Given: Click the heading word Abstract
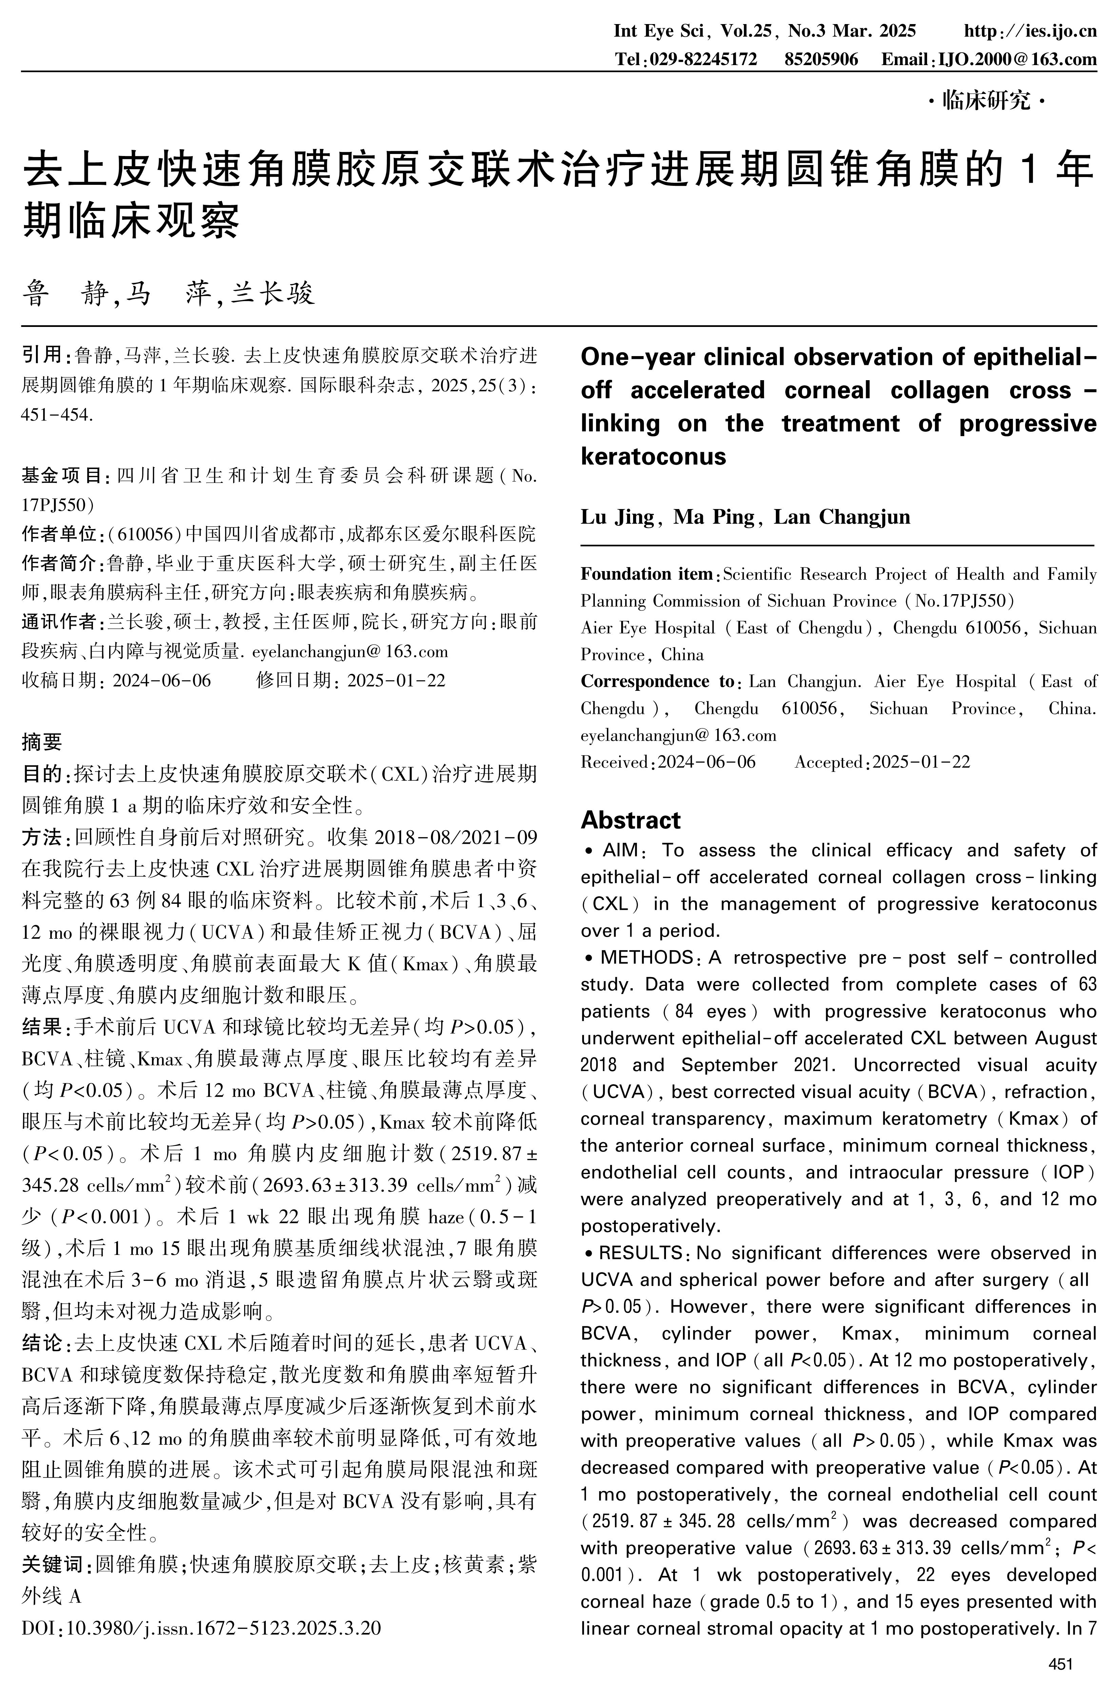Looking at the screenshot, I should pos(630,820).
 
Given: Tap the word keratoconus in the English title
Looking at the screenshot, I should pos(653,456).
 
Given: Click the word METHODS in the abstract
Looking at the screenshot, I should pos(646,958).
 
